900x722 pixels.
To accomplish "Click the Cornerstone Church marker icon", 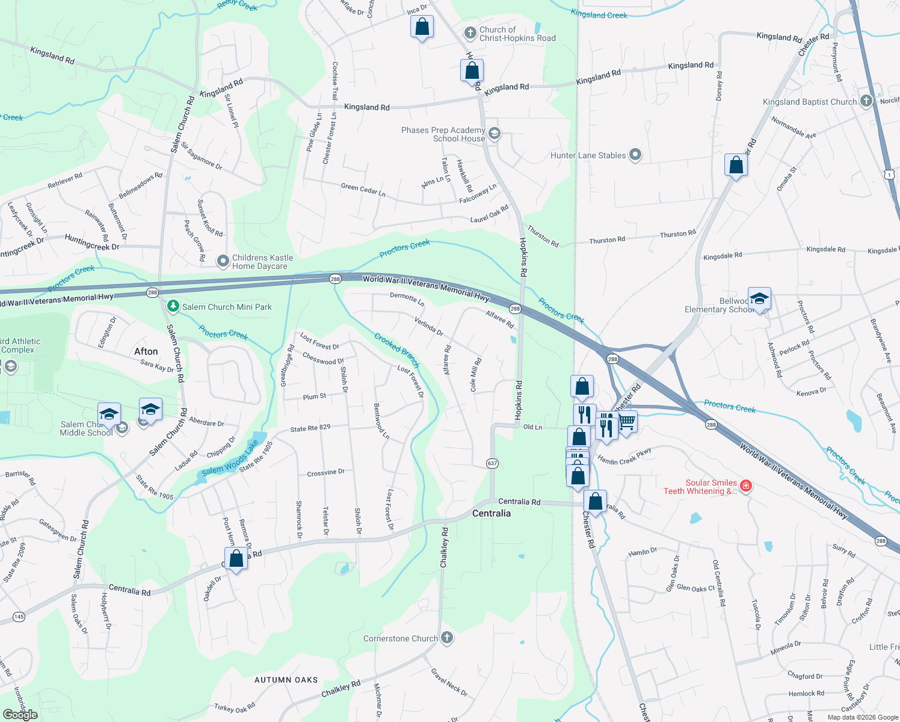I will tap(446, 638).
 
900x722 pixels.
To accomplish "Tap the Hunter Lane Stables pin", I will tap(635, 155).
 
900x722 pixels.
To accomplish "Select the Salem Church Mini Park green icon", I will tap(173, 307).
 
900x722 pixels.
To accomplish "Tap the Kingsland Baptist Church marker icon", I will tap(866, 101).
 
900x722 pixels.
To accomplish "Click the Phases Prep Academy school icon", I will tap(495, 134).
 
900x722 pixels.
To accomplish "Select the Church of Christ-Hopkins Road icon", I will tap(470, 33).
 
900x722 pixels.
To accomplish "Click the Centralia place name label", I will tap(492, 513).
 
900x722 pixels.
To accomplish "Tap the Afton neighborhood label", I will tap(146, 351).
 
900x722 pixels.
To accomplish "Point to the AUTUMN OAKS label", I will tap(286, 680).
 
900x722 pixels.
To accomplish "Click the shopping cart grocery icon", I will tap(627, 421).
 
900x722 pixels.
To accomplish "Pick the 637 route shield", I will tap(493, 463).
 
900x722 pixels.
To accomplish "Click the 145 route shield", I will tap(19, 617).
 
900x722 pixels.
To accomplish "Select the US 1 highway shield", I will tap(889, 174).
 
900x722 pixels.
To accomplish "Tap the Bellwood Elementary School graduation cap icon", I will tap(759, 298).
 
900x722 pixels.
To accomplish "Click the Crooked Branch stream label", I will tap(396, 350).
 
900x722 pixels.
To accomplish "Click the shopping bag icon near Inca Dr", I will tap(422, 27).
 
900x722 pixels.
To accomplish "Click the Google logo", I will tap(20, 715).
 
